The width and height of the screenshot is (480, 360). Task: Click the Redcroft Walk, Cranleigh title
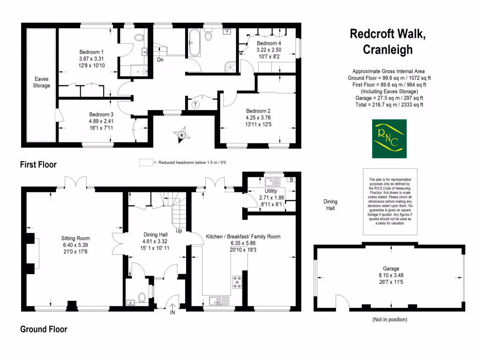pyautogui.click(x=388, y=42)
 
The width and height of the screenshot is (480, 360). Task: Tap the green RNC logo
pyautogui.click(x=389, y=139)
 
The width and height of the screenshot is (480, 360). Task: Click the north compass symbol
pyautogui.click(x=181, y=135)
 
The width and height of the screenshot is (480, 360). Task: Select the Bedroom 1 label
pyautogui.click(x=91, y=52)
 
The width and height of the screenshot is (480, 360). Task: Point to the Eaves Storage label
pyautogui.click(x=41, y=82)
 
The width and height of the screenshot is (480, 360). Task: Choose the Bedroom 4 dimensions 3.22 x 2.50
pyautogui.click(x=269, y=50)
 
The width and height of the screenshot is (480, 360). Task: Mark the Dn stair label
pyautogui.click(x=160, y=60)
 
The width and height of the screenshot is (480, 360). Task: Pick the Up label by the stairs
pyautogui.click(x=179, y=231)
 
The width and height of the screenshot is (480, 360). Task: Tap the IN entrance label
pyautogui.click(x=172, y=312)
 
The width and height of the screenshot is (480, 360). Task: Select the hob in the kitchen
pyautogui.click(x=237, y=282)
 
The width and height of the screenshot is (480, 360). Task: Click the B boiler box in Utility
pyautogui.click(x=291, y=180)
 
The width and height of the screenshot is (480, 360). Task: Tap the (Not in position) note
pyautogui.click(x=389, y=320)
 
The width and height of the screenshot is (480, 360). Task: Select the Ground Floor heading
pyautogui.click(x=44, y=330)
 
